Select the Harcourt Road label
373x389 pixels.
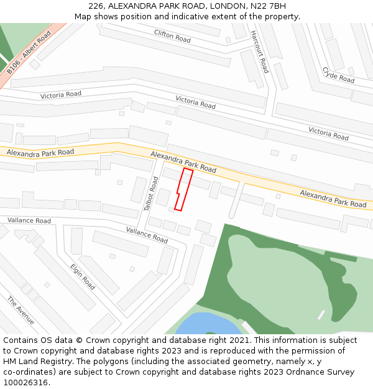click(260, 52)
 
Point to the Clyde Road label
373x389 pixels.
click(338, 75)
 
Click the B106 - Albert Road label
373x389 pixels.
click(29, 54)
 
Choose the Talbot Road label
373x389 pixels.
click(151, 194)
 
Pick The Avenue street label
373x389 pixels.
click(21, 310)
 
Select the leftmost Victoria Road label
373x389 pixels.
click(61, 95)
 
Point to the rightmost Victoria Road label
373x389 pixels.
click(328, 133)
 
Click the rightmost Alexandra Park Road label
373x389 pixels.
click(333, 199)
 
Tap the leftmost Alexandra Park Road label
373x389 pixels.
click(40, 152)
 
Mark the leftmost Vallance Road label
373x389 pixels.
click(29, 220)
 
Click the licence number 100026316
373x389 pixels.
click(24, 383)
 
